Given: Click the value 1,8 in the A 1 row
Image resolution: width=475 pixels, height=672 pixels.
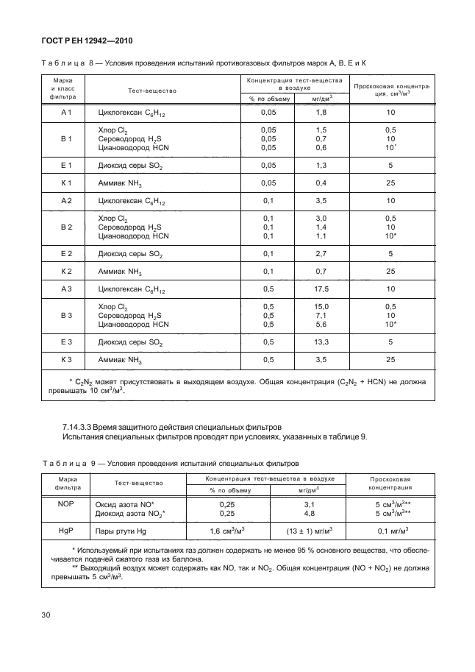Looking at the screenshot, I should [x=321, y=112].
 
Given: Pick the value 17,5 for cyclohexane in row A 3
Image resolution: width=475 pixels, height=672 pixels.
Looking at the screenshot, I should [x=321, y=289].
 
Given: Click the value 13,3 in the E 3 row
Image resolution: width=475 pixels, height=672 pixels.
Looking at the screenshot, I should [x=321, y=342].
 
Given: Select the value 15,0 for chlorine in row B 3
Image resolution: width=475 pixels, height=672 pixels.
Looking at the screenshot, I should [x=321, y=306].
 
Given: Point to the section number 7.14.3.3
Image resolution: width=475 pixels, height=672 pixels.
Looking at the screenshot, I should [x=76, y=426].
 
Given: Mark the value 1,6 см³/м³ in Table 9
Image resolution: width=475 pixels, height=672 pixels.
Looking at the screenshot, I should [x=228, y=530].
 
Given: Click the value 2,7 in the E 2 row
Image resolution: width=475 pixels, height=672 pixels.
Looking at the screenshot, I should [x=321, y=253].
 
